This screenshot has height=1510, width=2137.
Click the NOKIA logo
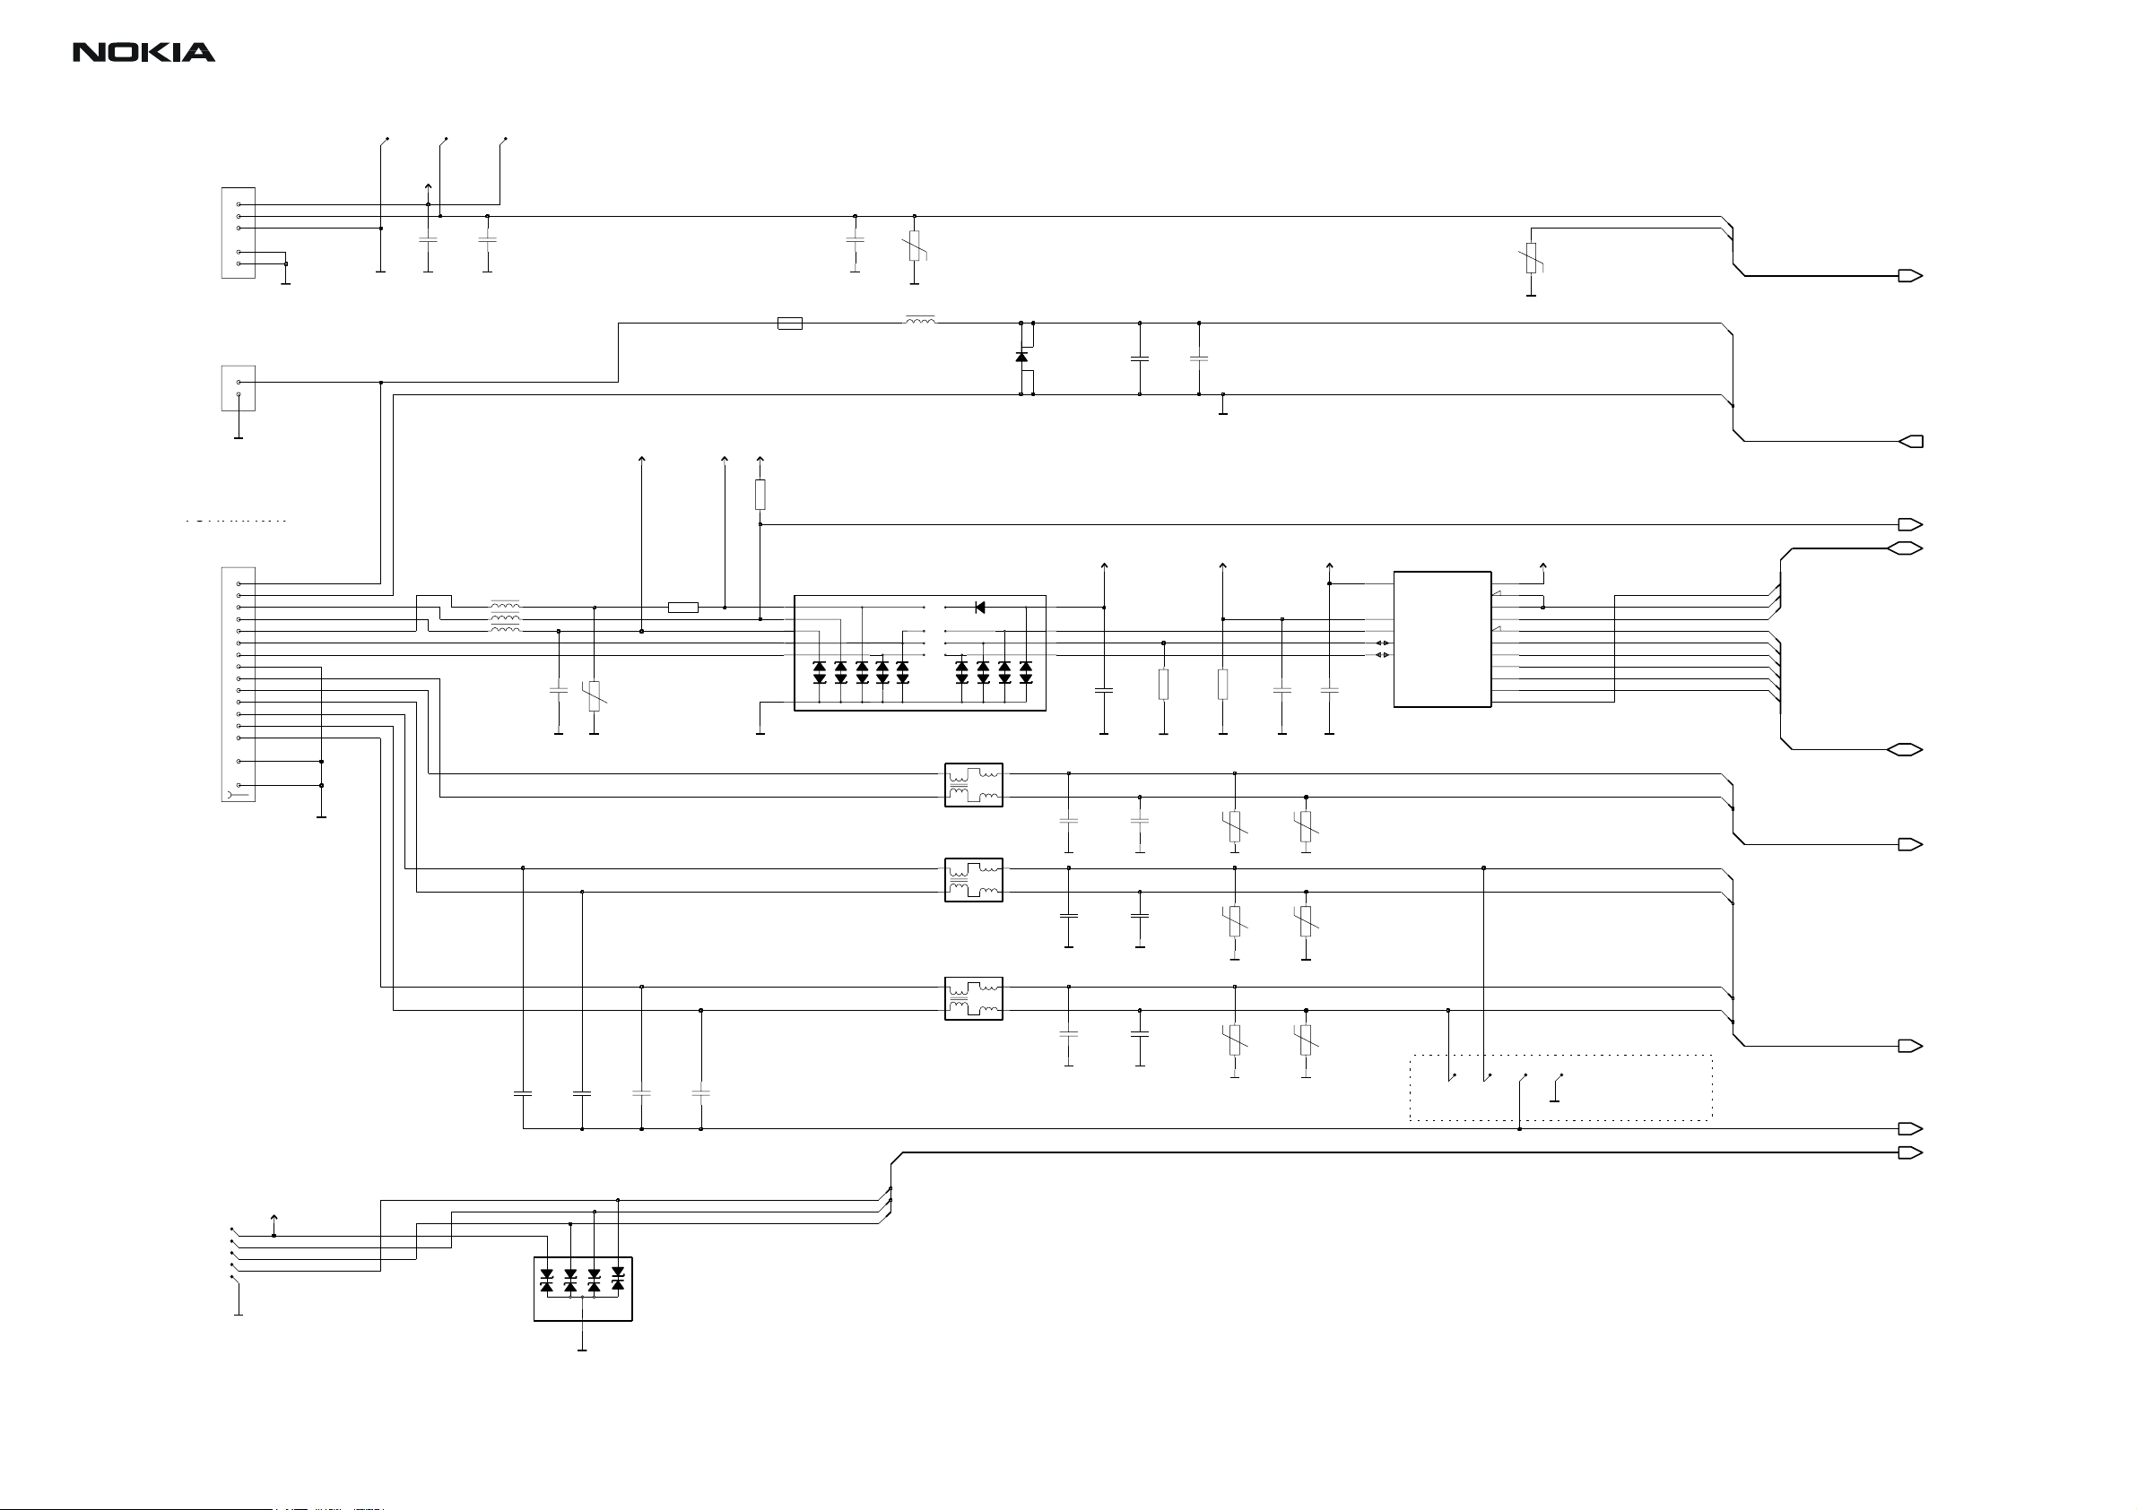(x=144, y=53)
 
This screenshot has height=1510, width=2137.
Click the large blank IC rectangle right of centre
(x=1442, y=639)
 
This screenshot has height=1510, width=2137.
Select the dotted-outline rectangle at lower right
(x=1560, y=1088)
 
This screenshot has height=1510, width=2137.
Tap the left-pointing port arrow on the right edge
(x=1910, y=441)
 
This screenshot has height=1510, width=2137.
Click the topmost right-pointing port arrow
(x=1910, y=276)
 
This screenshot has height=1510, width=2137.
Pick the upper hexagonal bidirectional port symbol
(x=1905, y=549)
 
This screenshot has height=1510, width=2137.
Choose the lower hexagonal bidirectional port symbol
(x=1905, y=750)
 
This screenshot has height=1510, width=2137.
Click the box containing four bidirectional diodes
(x=583, y=1289)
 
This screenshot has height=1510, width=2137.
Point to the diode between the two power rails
(x=1021, y=358)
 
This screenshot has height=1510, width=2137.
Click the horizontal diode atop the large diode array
(x=979, y=608)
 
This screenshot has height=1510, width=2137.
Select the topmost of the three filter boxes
(x=974, y=785)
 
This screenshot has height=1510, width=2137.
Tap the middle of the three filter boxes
(x=974, y=880)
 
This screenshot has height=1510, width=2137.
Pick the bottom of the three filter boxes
(x=974, y=998)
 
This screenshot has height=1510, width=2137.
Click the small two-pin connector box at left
(x=239, y=388)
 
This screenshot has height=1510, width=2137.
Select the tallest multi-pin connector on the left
(x=239, y=684)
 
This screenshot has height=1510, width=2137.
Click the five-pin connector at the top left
(x=239, y=233)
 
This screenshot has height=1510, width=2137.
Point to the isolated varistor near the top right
(x=1531, y=258)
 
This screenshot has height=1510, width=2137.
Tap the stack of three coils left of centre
(x=506, y=617)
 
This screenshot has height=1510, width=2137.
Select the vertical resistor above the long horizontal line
(x=760, y=495)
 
